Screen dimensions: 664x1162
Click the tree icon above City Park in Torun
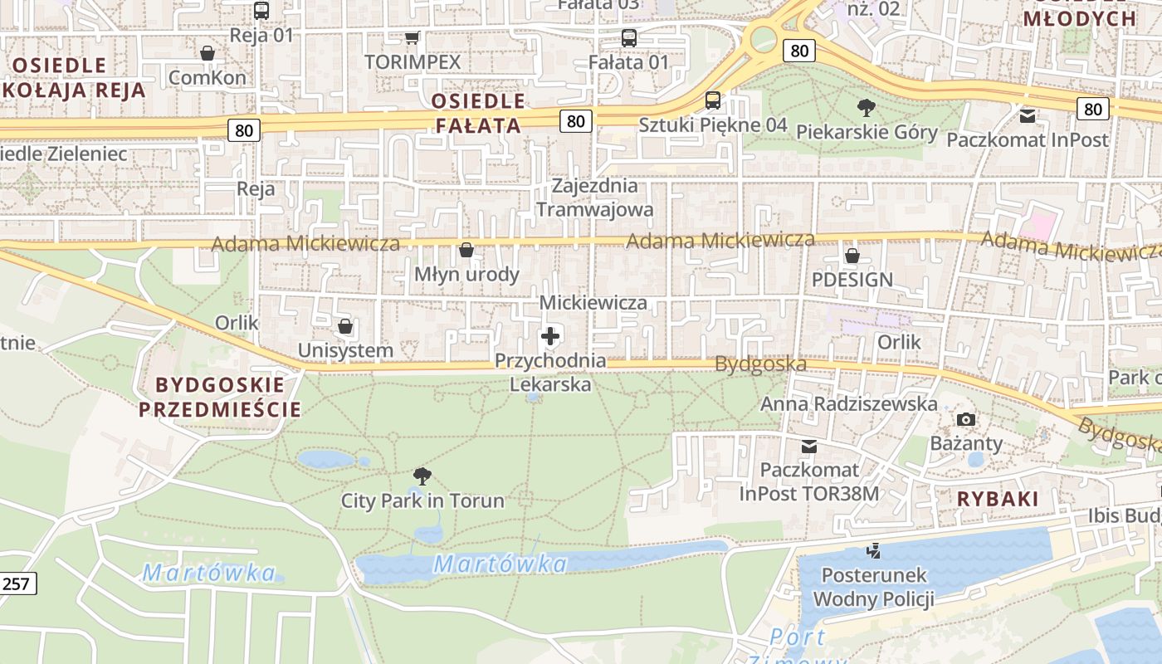point(422,476)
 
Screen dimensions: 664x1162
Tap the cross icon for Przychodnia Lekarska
point(549,336)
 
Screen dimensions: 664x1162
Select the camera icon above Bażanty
point(966,419)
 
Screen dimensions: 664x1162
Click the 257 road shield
point(16,583)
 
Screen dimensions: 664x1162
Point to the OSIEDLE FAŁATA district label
point(478,114)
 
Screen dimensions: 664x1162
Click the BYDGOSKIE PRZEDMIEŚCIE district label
point(220,397)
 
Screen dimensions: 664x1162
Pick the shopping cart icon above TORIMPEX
point(412,37)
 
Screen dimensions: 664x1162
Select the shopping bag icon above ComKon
point(207,53)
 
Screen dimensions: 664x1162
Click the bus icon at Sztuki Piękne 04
point(712,100)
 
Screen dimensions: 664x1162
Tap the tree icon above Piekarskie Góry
point(867,107)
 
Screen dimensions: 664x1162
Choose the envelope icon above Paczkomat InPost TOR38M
point(809,447)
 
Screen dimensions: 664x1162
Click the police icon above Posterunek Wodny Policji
point(873,549)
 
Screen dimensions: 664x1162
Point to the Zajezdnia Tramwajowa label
point(594,198)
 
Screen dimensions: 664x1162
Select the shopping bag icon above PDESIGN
point(852,255)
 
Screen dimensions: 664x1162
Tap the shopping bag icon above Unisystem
point(345,326)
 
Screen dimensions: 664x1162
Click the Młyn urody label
point(466,275)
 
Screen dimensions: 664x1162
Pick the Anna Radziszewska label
point(849,404)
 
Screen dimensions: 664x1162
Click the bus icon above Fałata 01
point(628,37)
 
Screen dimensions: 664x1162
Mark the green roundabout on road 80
point(762,38)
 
